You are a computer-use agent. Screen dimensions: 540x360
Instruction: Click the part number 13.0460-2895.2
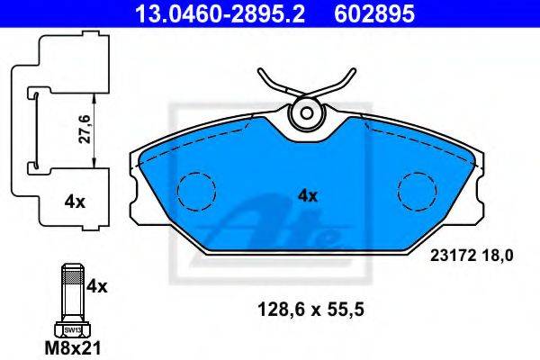tap(220, 13)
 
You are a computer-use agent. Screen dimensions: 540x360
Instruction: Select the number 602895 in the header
tap(374, 13)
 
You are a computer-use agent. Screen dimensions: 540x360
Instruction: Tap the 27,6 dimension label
tap(84, 130)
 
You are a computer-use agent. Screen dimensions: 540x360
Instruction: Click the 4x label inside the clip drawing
tap(75, 202)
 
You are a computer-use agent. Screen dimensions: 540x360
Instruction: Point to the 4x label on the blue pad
tap(308, 196)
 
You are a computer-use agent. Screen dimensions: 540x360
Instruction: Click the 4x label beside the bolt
tap(97, 286)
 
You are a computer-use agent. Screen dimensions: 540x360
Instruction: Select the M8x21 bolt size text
tap(73, 348)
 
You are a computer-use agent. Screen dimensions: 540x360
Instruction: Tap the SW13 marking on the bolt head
tap(73, 330)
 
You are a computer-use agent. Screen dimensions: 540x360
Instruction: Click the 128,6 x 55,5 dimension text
tap(310, 310)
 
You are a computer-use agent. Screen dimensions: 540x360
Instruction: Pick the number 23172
tap(453, 256)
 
